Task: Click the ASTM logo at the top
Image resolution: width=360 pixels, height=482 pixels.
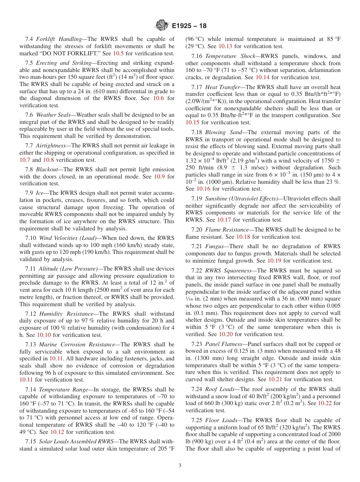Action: click(x=162, y=26)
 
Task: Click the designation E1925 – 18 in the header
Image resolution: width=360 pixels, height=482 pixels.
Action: click(x=189, y=26)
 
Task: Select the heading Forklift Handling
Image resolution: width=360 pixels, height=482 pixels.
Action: click(x=59, y=39)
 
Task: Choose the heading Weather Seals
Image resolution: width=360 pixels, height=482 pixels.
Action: click(x=52, y=115)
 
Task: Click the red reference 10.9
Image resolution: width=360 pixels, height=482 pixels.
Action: click(x=160, y=177)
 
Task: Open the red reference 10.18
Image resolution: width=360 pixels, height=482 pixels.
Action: click(x=243, y=237)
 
